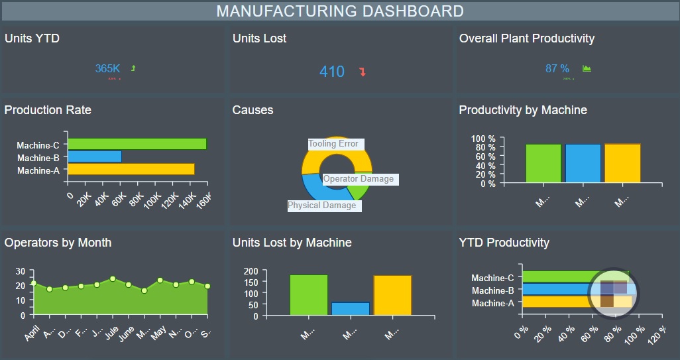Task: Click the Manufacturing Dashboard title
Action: [340, 11]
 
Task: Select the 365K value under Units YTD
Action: [107, 68]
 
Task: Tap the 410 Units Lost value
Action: [332, 72]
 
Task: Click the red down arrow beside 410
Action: [363, 72]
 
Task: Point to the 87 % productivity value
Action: [557, 68]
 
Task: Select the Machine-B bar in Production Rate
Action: [95, 156]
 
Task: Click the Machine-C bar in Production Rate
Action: [137, 144]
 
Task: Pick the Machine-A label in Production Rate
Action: [38, 170]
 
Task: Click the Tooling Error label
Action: [334, 144]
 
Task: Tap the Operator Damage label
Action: [359, 178]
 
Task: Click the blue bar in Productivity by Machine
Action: [583, 163]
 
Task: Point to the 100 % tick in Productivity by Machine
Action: [483, 139]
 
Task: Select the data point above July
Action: [113, 279]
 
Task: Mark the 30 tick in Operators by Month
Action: [20, 271]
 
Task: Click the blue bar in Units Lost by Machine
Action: [350, 309]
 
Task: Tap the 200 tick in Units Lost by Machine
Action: [251, 271]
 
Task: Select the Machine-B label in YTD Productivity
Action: [492, 290]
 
